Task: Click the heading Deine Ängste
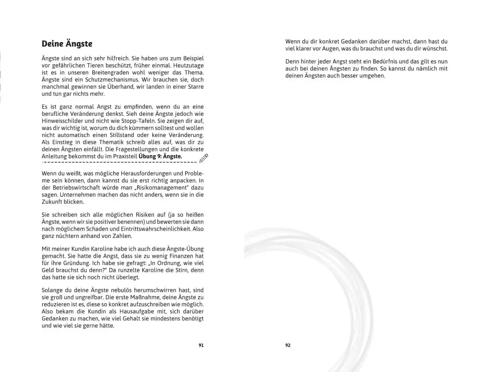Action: (x=67, y=44)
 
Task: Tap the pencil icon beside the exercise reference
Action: (x=204, y=158)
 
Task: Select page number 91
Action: (x=201, y=345)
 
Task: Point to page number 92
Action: (x=288, y=345)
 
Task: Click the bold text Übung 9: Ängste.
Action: (x=160, y=157)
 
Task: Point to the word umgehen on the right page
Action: (x=372, y=76)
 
